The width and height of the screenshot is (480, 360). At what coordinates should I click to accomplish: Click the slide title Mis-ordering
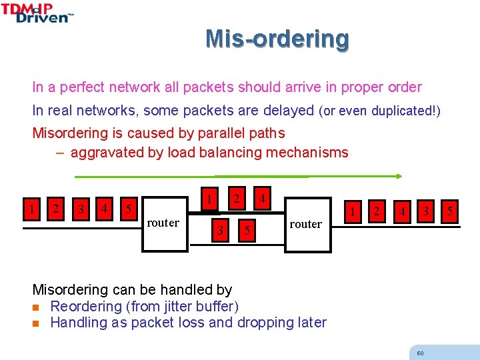tap(277, 39)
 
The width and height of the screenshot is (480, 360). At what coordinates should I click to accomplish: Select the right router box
tap(307, 225)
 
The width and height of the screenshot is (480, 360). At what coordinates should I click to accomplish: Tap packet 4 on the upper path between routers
tap(263, 199)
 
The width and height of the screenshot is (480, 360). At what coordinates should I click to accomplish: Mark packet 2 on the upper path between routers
tap(236, 199)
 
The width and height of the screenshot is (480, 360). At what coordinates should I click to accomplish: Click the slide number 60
tap(420, 353)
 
